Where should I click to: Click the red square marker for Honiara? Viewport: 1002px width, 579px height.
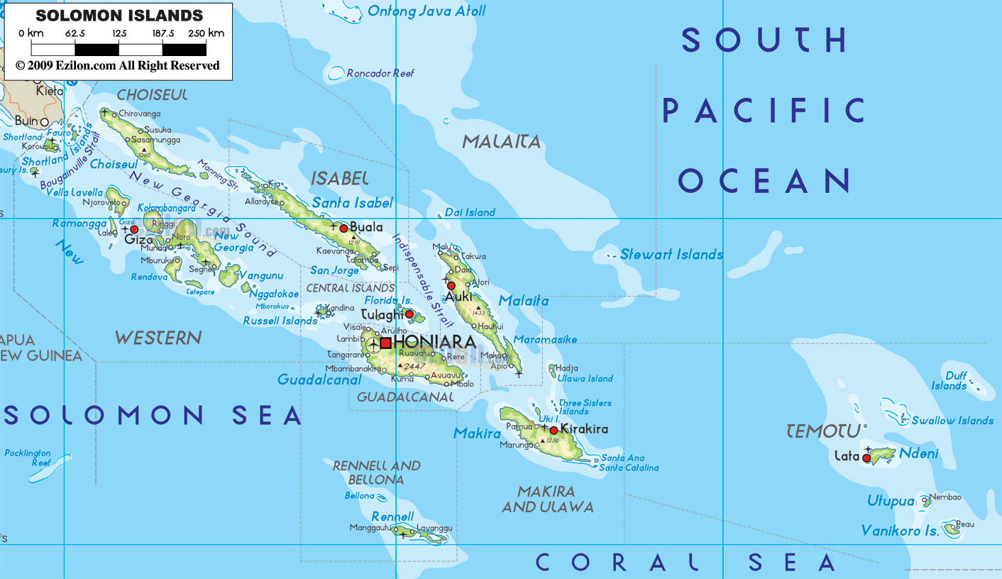coord(385,343)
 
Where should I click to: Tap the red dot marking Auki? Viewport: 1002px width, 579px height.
coord(451,286)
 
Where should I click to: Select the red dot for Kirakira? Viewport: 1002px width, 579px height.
coord(554,430)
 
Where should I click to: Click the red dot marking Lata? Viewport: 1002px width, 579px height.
coord(866,458)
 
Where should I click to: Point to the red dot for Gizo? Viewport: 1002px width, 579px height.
coord(134,229)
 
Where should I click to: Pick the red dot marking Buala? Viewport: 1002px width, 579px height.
coord(344,228)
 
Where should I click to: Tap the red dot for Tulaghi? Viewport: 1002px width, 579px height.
coord(409,314)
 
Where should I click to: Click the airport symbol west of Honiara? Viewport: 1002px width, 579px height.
coord(374,346)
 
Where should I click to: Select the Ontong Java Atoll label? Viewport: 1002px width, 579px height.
coord(426,11)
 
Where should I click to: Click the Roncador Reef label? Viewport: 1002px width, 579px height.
coord(380,73)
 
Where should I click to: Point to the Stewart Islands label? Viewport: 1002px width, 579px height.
coord(671,254)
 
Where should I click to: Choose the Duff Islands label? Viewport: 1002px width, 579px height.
coord(949,381)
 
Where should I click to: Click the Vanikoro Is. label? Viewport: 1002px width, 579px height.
coord(900,530)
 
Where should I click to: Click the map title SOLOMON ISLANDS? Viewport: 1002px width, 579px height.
coord(119,15)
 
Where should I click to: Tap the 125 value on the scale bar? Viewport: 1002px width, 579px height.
coord(119,33)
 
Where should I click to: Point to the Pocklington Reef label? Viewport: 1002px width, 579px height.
coord(28,458)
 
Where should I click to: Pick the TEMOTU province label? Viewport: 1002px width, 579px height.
coord(823,431)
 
